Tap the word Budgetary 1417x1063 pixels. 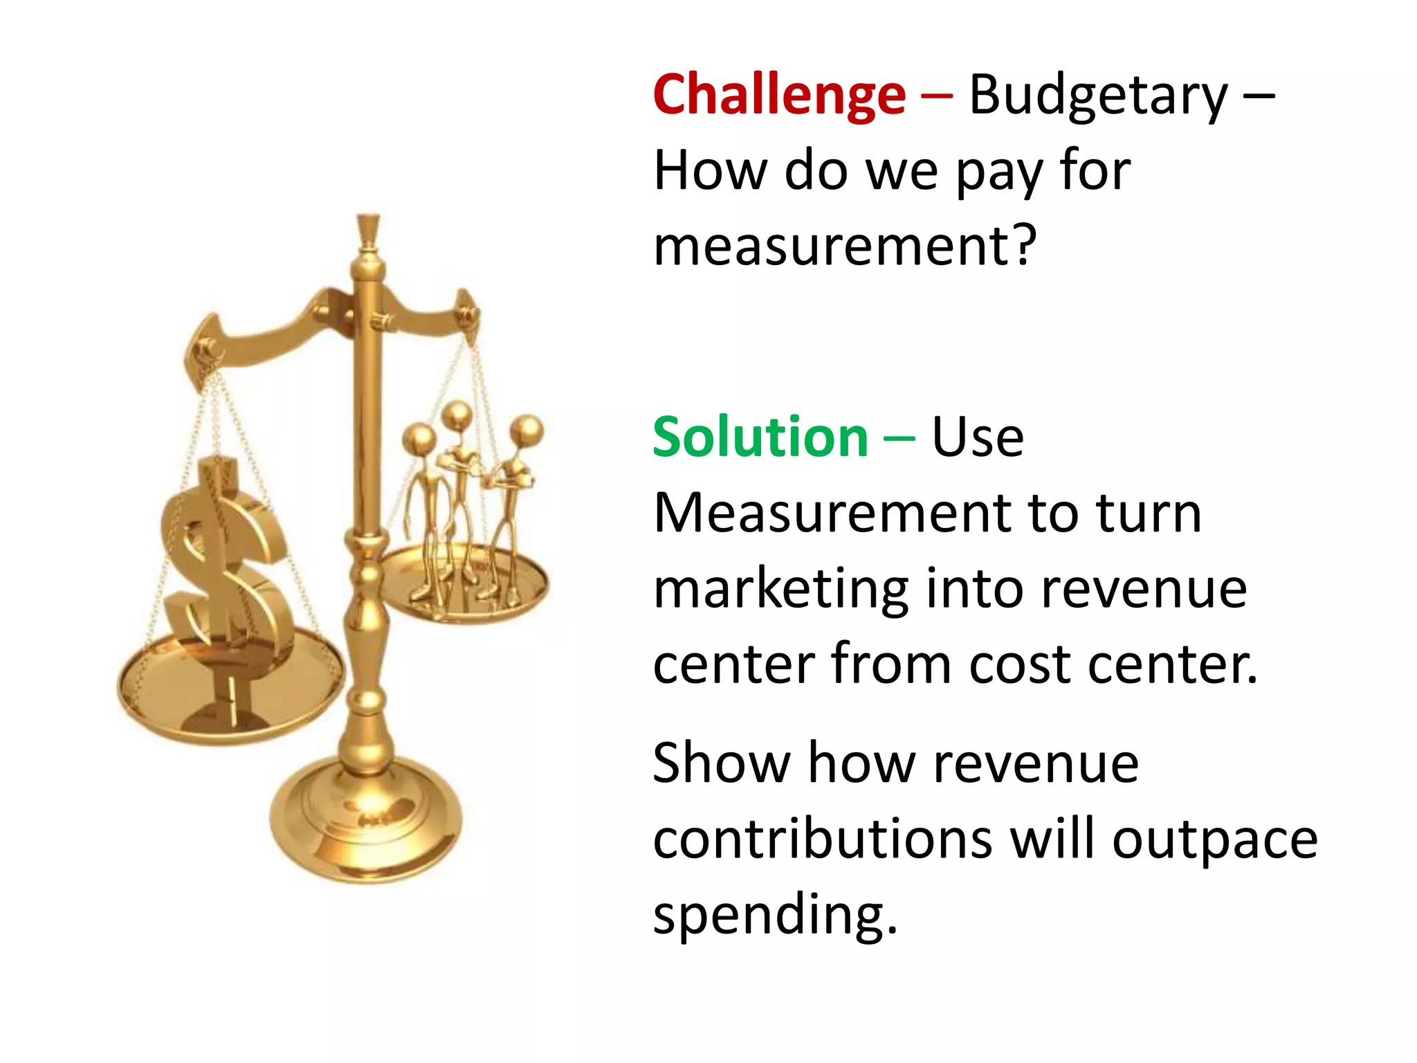[x=1098, y=97]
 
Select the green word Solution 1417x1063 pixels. [x=760, y=437]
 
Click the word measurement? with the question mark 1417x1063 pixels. [x=845, y=246]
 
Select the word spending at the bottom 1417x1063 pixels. [x=775, y=915]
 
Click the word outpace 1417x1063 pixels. [x=1214, y=840]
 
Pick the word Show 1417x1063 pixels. [x=721, y=763]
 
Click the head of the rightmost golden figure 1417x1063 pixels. [x=529, y=430]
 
